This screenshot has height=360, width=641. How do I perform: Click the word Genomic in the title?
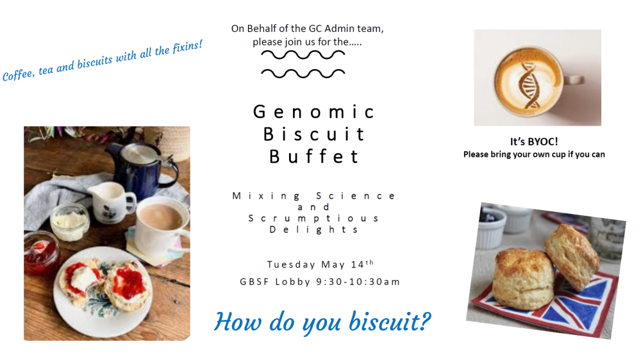[313, 112]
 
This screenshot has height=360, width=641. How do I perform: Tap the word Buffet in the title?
[313, 156]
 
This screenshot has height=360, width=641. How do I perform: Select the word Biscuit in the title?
[313, 135]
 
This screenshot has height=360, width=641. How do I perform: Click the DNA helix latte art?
[529, 85]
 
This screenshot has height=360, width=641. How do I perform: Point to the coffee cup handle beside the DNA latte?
[574, 79]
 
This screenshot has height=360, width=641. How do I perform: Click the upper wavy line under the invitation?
[303, 54]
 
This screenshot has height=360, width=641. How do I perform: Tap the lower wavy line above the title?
[303, 73]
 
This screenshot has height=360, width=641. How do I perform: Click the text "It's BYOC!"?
[534, 142]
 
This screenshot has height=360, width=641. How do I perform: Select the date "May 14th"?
[347, 264]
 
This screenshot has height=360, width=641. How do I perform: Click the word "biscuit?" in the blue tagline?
[390, 322]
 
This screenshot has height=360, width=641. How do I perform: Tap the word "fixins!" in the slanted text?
[188, 47]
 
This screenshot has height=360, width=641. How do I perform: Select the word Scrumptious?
[313, 218]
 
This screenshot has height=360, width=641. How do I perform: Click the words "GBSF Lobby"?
[275, 282]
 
